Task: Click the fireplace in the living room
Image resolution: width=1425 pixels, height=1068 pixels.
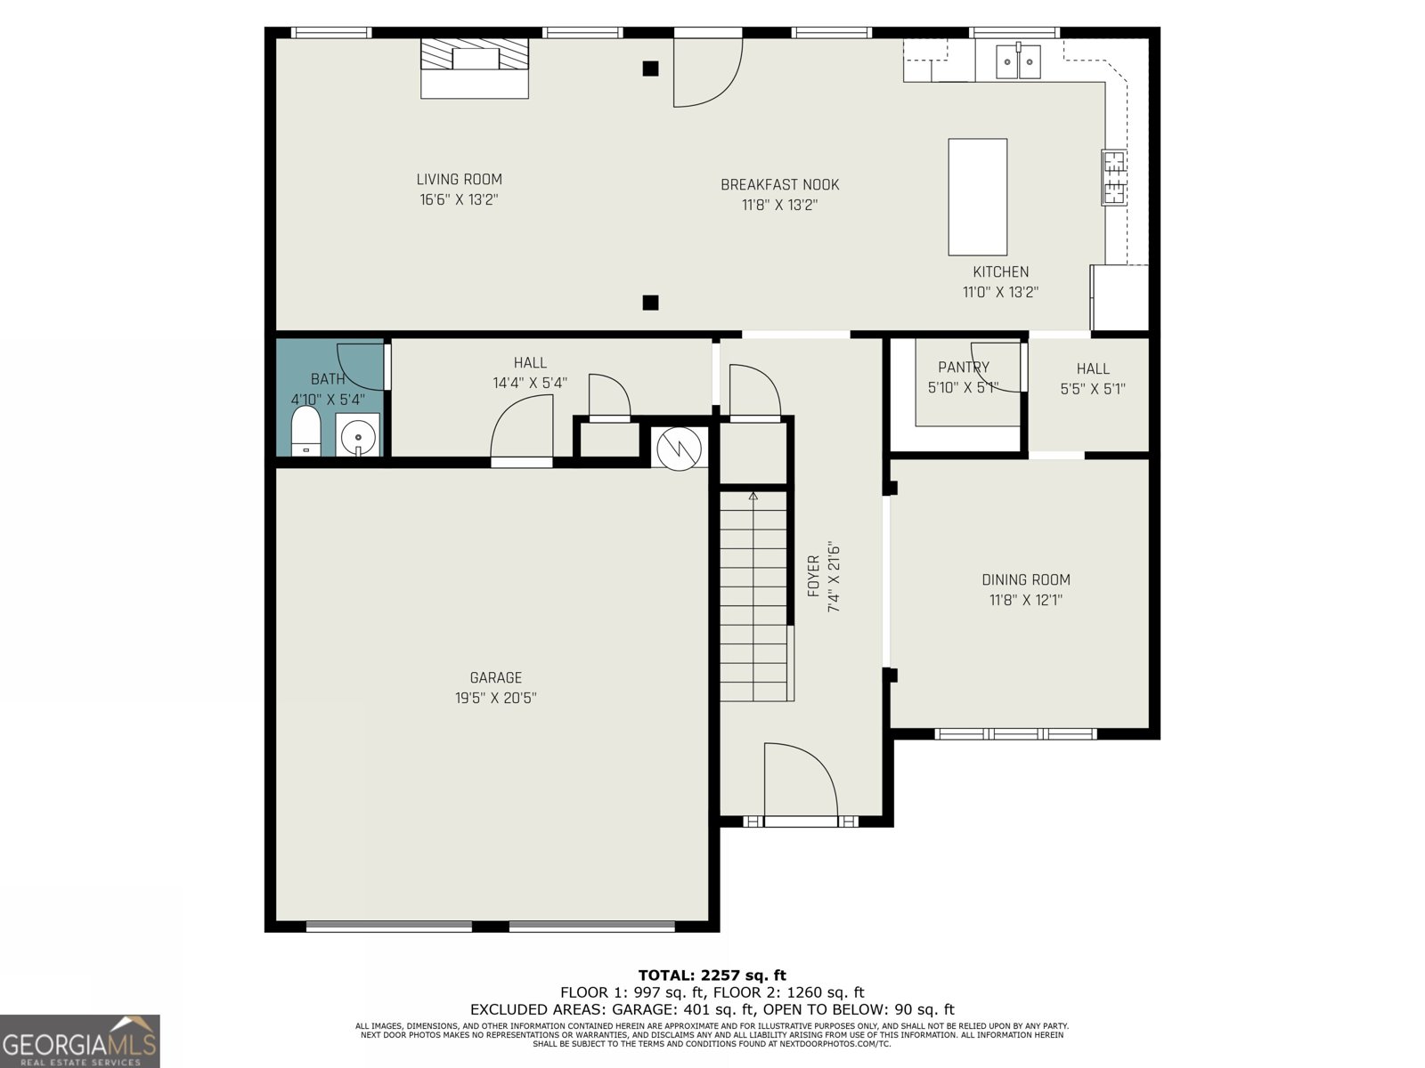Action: [x=475, y=68]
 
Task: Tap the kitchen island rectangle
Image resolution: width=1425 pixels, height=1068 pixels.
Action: [x=977, y=197]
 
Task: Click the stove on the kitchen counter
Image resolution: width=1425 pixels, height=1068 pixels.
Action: [x=1113, y=178]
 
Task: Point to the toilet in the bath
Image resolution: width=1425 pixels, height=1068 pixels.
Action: [x=305, y=433]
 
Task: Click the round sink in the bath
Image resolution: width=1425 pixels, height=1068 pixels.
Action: [x=358, y=435]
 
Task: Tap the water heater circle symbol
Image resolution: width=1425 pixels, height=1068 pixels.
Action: [x=679, y=449]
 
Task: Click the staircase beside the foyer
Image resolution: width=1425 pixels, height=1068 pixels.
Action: [x=754, y=596]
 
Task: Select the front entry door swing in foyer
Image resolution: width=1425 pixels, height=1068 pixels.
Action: [x=800, y=780]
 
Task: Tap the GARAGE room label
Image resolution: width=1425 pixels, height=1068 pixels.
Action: [x=495, y=678]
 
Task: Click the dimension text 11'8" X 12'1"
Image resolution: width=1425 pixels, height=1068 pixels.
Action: [x=1025, y=601]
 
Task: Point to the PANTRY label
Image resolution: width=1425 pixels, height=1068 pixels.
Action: [x=963, y=368]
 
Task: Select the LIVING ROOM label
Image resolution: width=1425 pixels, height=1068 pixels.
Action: [x=459, y=180]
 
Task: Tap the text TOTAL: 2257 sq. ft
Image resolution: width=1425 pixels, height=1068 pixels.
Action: [x=712, y=975]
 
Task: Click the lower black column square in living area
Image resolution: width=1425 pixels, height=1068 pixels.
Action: [x=650, y=303]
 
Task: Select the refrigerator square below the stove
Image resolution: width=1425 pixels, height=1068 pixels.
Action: [x=1120, y=297]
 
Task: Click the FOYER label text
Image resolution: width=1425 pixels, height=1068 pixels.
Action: [x=812, y=577]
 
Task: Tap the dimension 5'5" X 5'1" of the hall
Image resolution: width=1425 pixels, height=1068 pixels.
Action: [x=1093, y=389]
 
